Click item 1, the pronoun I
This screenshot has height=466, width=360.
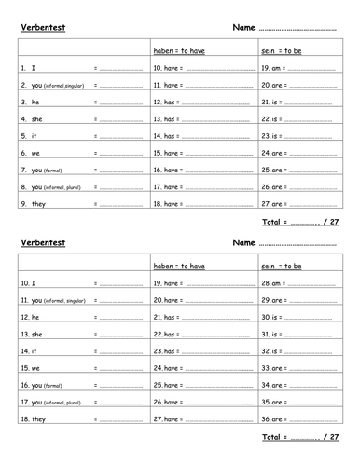point(27,68)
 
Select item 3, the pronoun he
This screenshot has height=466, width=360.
point(29,102)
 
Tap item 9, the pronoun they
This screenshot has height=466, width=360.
point(33,203)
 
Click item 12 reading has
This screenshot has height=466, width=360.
point(169,102)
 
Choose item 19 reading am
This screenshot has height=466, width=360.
point(270,68)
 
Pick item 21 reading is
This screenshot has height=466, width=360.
point(270,102)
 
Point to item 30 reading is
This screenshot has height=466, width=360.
point(270,316)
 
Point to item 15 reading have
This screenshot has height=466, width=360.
point(169,153)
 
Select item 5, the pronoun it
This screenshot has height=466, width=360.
point(29,136)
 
